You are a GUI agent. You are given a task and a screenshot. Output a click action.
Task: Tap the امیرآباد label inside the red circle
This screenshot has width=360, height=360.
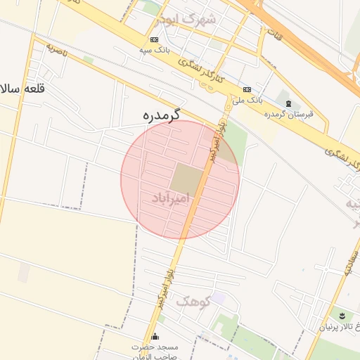coord(172,200)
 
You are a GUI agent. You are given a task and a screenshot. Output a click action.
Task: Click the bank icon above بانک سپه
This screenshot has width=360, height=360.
coord(155,39)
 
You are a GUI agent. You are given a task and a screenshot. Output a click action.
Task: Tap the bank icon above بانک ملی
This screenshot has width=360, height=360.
coord(247,89)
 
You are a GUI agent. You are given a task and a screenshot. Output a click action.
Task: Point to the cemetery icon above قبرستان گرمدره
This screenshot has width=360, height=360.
coord(288,103)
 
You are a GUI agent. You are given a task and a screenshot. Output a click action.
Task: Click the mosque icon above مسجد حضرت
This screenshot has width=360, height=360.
coord(155,336)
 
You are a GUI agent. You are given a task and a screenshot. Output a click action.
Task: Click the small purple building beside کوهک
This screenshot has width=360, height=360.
coord(219,299)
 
